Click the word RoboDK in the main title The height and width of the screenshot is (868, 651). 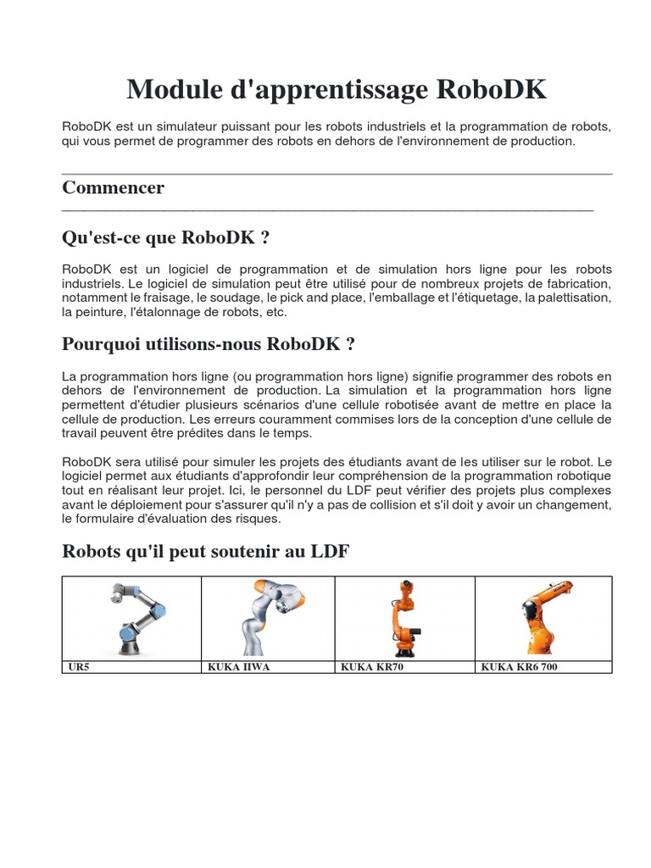pyautogui.click(x=492, y=90)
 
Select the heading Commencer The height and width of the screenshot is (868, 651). pyautogui.click(x=113, y=187)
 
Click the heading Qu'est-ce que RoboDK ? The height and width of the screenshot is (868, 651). pyautogui.click(x=166, y=237)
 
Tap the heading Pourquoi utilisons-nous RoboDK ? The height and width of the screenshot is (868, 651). pyautogui.click(x=209, y=344)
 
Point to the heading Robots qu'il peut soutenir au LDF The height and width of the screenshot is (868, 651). pyautogui.click(x=205, y=552)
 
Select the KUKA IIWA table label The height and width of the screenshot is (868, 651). pyautogui.click(x=239, y=667)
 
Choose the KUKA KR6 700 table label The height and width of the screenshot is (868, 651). pyautogui.click(x=520, y=667)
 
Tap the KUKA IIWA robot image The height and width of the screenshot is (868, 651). pyautogui.click(x=270, y=617)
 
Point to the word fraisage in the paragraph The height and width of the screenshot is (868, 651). pyautogui.click(x=169, y=298)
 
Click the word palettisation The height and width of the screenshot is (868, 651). pyautogui.click(x=574, y=298)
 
